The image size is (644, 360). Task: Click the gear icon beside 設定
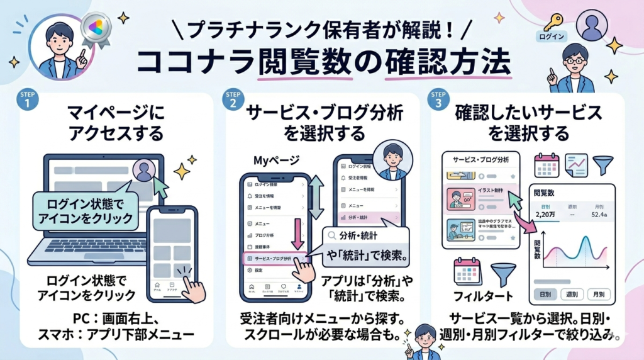coord(250,270)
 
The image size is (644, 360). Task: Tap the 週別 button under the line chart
coord(572,294)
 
